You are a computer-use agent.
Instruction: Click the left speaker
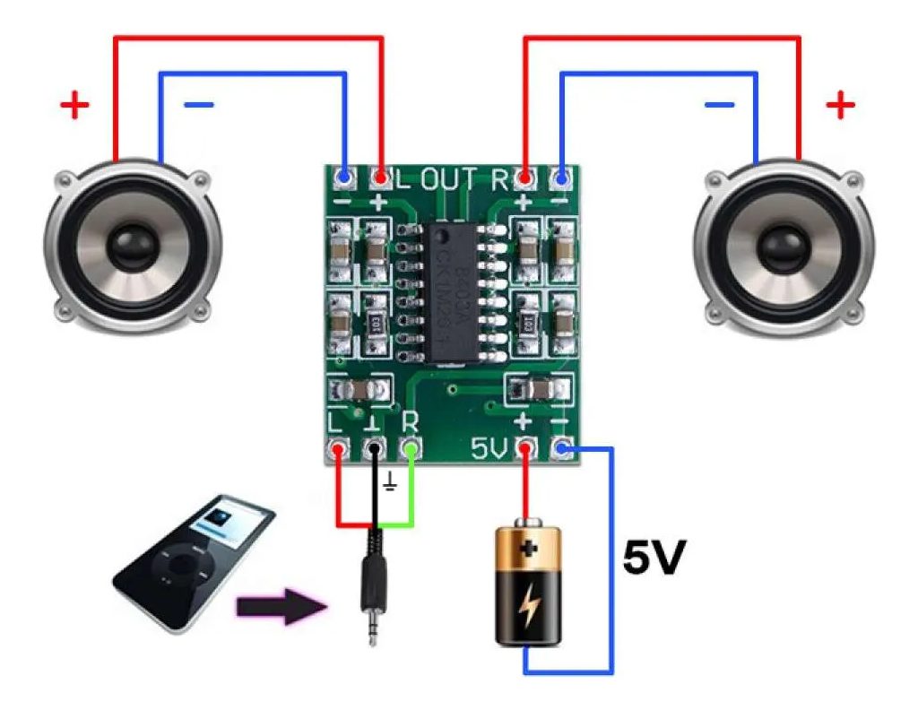pyautogui.click(x=133, y=243)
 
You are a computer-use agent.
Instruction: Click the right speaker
pyautogui.click(x=783, y=243)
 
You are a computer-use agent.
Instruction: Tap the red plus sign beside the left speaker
pyautogui.click(x=75, y=108)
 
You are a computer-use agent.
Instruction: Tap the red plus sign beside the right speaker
pyautogui.click(x=840, y=107)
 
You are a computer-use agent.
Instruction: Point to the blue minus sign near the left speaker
pyautogui.click(x=199, y=106)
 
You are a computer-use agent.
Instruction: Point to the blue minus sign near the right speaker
pyautogui.click(x=719, y=106)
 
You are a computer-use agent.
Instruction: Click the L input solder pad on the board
pyautogui.click(x=339, y=447)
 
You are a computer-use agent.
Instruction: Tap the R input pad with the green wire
pyautogui.click(x=411, y=447)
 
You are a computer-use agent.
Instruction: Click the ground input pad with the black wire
pyautogui.click(x=375, y=447)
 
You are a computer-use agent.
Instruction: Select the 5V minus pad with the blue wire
pyautogui.click(x=563, y=447)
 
